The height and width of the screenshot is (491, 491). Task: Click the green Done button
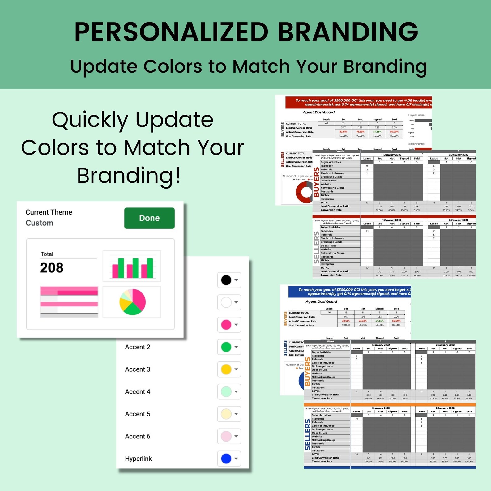click(x=149, y=218)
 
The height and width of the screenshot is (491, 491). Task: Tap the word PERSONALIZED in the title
click(x=171, y=32)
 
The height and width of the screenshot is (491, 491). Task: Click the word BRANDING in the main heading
click(x=348, y=32)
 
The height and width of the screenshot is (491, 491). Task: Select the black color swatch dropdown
click(x=229, y=280)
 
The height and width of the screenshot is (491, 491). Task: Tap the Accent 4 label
click(x=138, y=392)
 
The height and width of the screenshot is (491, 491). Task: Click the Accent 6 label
click(x=138, y=436)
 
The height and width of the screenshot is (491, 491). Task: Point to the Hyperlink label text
click(x=138, y=459)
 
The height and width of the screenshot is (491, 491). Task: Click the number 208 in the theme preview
click(x=52, y=268)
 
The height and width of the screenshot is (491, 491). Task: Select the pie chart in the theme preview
click(x=132, y=302)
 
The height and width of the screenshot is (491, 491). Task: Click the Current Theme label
click(x=49, y=212)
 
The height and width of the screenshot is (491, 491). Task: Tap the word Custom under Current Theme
click(x=39, y=223)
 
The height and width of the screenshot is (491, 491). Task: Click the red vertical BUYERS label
click(x=316, y=182)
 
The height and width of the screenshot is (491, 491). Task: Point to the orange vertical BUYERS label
click(x=307, y=372)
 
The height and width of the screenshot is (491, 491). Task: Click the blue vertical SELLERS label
click(x=307, y=434)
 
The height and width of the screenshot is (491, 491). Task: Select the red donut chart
click(x=305, y=192)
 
